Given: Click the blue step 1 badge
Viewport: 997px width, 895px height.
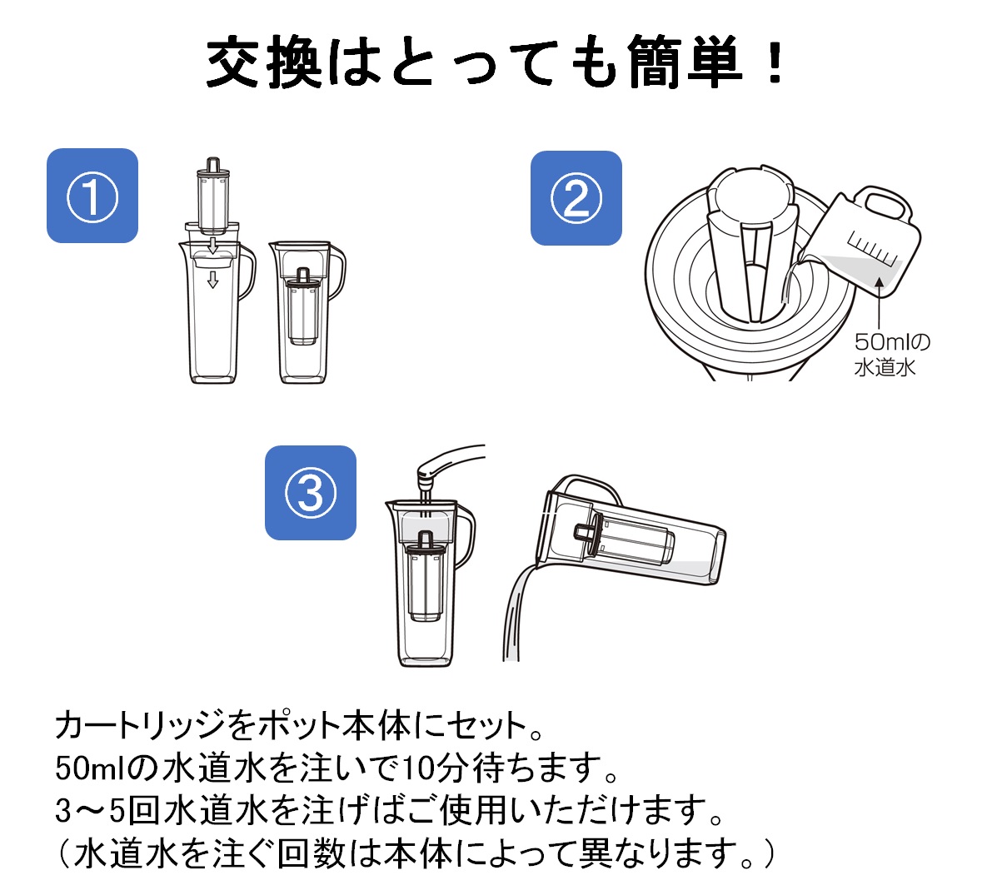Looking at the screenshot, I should point(92,196).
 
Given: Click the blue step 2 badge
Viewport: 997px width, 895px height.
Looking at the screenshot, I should point(576,198).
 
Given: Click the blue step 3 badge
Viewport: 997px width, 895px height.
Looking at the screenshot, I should point(311,493).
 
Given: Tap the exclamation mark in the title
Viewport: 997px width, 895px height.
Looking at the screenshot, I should point(775,64).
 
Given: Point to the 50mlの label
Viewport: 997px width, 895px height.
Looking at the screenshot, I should point(892,342).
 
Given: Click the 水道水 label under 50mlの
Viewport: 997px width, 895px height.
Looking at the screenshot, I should point(884,367).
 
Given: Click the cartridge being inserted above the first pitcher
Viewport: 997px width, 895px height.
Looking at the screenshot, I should point(212,195).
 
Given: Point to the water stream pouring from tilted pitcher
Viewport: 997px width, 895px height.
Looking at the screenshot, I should point(512,616).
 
